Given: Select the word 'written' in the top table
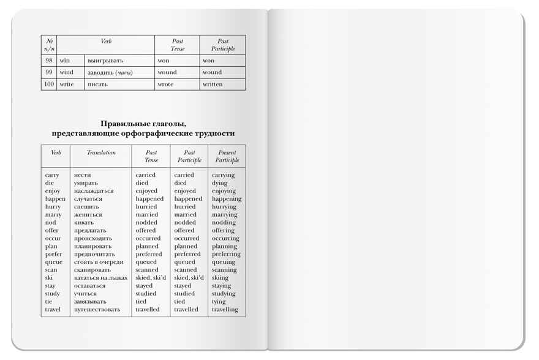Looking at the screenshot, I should [213, 84].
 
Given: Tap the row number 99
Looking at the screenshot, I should [49, 72].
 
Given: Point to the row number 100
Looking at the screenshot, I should [49, 84].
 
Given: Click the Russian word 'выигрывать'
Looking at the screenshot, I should [105, 61].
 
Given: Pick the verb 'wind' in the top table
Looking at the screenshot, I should [66, 72].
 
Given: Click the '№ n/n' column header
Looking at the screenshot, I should [49, 45].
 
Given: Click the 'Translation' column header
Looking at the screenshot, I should [101, 152].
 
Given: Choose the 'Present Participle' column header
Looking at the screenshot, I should [227, 156].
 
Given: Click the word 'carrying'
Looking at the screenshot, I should [224, 175].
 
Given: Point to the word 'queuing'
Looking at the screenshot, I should [224, 262].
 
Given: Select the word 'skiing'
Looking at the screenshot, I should [221, 278].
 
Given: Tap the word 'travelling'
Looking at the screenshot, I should [225, 310].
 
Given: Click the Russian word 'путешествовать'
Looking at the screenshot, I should [97, 310].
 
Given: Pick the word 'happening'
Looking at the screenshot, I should [227, 199].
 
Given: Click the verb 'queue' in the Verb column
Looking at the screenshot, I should [53, 262].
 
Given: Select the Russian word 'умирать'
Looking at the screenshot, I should [86, 183].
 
